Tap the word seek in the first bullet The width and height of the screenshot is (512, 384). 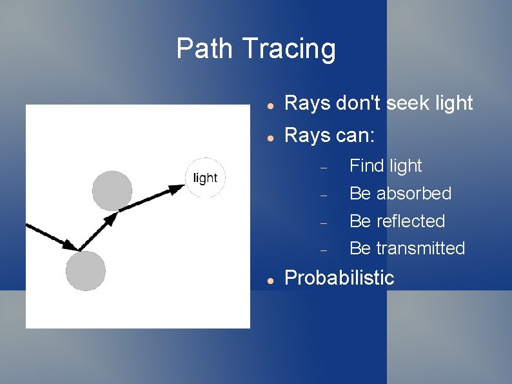coord(404,103)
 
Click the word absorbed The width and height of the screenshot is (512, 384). coord(413,193)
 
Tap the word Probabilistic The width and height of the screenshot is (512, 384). coord(339,278)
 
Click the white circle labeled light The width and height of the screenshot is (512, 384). coord(206,178)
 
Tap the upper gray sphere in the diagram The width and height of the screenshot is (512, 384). coord(112,190)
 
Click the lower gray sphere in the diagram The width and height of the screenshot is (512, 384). coord(85,271)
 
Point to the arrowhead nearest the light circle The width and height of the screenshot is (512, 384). coord(177,189)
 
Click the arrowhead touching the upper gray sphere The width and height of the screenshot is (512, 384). coord(110,219)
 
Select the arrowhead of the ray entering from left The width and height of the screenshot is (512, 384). coord(70,244)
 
